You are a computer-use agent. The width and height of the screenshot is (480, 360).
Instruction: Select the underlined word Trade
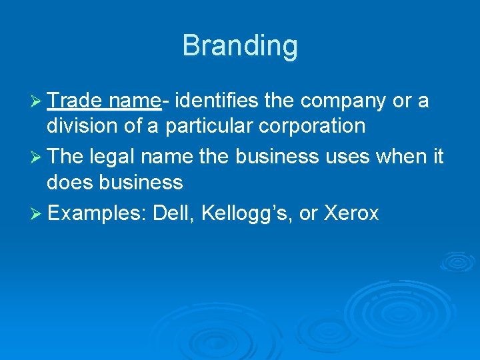coord(74,101)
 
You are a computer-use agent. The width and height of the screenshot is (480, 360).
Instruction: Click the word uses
coord(354,157)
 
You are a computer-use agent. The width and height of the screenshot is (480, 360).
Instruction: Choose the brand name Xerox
coord(351,213)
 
